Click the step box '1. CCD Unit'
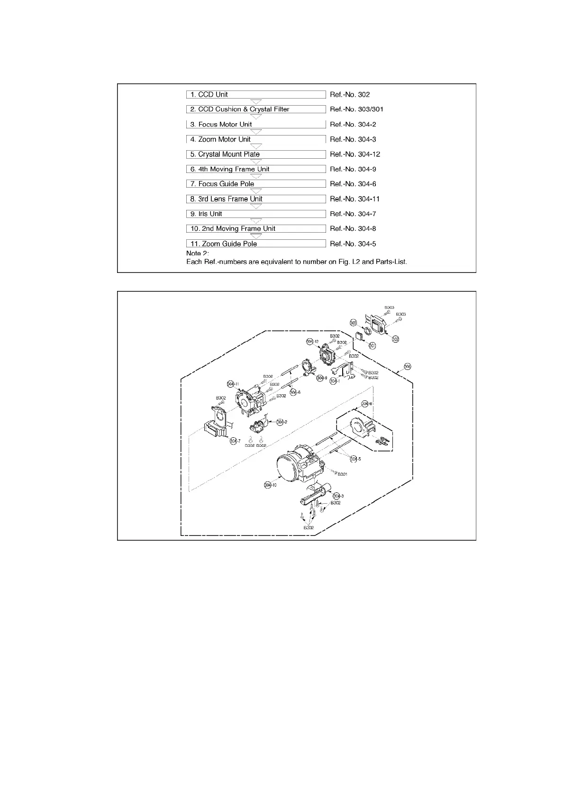255,94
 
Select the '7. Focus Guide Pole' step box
255,184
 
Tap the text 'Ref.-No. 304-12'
355,154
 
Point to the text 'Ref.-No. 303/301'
356,109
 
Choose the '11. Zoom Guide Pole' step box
255,244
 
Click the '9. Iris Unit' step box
255,214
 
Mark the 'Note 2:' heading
197,254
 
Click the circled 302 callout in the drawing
395,339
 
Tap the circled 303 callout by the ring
353,323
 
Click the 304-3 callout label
338,496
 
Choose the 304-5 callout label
356,459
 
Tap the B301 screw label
342,474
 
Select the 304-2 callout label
282,422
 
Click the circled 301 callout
373,346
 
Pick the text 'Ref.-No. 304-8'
353,228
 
